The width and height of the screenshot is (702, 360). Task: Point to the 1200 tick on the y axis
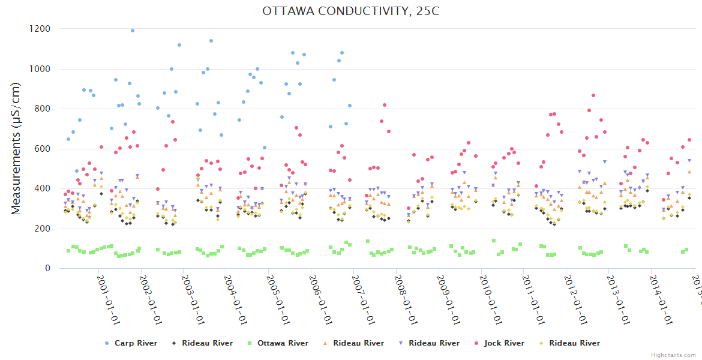tap(40, 29)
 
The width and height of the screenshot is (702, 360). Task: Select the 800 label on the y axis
tap(42, 109)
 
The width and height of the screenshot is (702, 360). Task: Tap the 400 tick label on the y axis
tap(42, 188)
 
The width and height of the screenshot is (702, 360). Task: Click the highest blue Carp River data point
tap(133, 31)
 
